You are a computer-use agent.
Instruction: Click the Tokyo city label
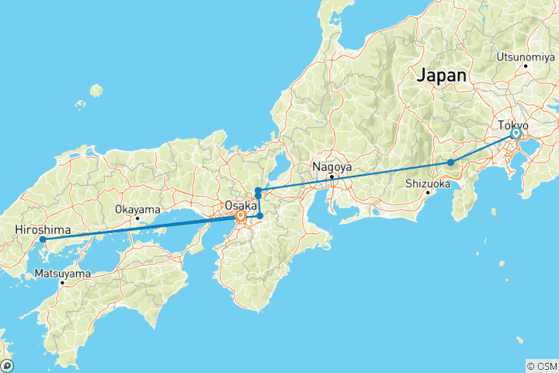pyautogui.click(x=514, y=125)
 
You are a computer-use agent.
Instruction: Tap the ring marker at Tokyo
pyautogui.click(x=516, y=134)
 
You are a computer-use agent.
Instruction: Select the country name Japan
pyautogui.click(x=442, y=75)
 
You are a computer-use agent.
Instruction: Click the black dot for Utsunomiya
pyautogui.click(x=526, y=65)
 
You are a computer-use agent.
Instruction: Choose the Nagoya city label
pyautogui.click(x=332, y=166)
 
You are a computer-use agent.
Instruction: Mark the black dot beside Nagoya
pyautogui.click(x=332, y=176)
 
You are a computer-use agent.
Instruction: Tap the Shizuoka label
pyautogui.click(x=428, y=184)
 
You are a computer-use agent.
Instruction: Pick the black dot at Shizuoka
pyautogui.click(x=428, y=193)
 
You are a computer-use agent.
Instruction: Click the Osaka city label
pyautogui.click(x=240, y=205)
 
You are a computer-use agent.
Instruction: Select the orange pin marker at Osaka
pyautogui.click(x=241, y=217)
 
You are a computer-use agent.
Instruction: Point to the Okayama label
pyautogui.click(x=137, y=209)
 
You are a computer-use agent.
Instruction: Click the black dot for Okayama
pyautogui.click(x=137, y=218)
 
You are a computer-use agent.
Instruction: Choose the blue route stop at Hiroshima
pyautogui.click(x=43, y=239)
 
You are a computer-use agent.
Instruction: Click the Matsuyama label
pyautogui.click(x=62, y=274)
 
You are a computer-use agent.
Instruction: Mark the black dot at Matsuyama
pyautogui.click(x=62, y=283)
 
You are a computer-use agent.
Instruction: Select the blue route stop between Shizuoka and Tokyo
pyautogui.click(x=450, y=162)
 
